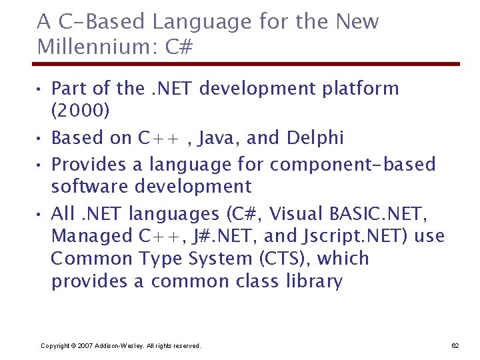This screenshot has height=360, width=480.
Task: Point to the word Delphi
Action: (315, 138)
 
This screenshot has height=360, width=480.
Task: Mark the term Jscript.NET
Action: (352, 236)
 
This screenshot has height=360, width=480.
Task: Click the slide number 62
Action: (455, 345)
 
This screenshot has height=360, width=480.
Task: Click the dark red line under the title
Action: (247, 64)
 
